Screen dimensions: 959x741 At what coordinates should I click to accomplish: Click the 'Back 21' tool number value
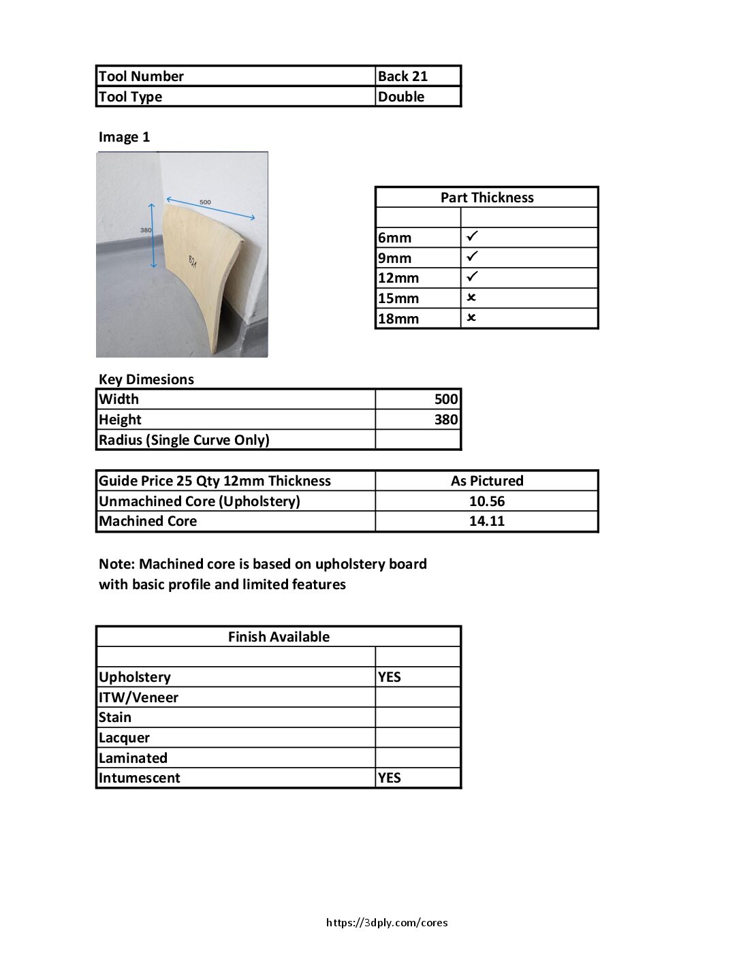(x=403, y=76)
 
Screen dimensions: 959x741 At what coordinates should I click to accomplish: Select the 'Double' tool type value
(x=401, y=97)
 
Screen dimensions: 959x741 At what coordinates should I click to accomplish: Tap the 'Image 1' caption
(x=124, y=137)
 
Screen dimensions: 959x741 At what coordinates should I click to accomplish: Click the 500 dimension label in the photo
(x=205, y=202)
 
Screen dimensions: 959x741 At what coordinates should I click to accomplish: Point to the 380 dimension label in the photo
(x=146, y=230)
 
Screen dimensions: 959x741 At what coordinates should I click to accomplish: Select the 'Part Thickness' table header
(x=487, y=198)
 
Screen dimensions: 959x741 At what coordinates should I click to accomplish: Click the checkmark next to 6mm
(x=472, y=236)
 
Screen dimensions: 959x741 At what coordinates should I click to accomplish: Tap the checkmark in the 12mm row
(x=472, y=277)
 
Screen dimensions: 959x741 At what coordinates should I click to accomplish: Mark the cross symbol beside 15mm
(x=471, y=298)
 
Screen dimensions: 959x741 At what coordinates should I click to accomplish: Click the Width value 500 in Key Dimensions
(x=446, y=399)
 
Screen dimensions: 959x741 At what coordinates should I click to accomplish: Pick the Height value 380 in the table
(x=446, y=420)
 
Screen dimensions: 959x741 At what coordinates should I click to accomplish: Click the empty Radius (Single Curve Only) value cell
(x=418, y=440)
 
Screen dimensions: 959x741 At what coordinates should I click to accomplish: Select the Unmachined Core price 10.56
(x=487, y=501)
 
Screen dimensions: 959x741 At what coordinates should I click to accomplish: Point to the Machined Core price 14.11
(x=487, y=521)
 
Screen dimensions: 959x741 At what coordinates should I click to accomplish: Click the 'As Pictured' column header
(x=487, y=481)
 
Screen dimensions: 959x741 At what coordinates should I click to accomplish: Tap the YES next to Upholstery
(x=390, y=677)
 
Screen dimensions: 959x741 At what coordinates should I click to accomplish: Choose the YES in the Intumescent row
(x=390, y=778)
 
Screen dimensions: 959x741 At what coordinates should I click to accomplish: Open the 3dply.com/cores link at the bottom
(x=387, y=923)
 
